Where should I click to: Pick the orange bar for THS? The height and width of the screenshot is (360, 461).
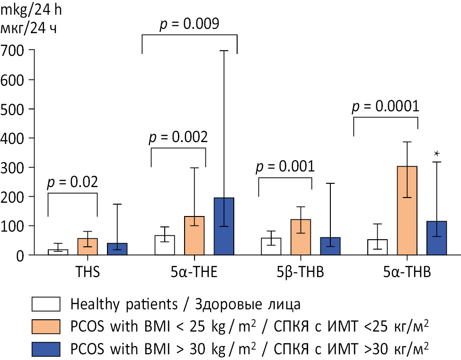tap(88, 247)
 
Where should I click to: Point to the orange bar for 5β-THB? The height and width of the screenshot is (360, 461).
tap(301, 237)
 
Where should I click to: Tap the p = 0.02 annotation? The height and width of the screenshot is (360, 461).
tap(72, 182)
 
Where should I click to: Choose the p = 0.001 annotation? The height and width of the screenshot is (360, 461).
tap(285, 167)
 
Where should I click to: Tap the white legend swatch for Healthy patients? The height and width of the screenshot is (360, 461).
tap(46, 303)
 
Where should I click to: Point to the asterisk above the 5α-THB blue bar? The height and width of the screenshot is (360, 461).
tap(437, 153)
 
